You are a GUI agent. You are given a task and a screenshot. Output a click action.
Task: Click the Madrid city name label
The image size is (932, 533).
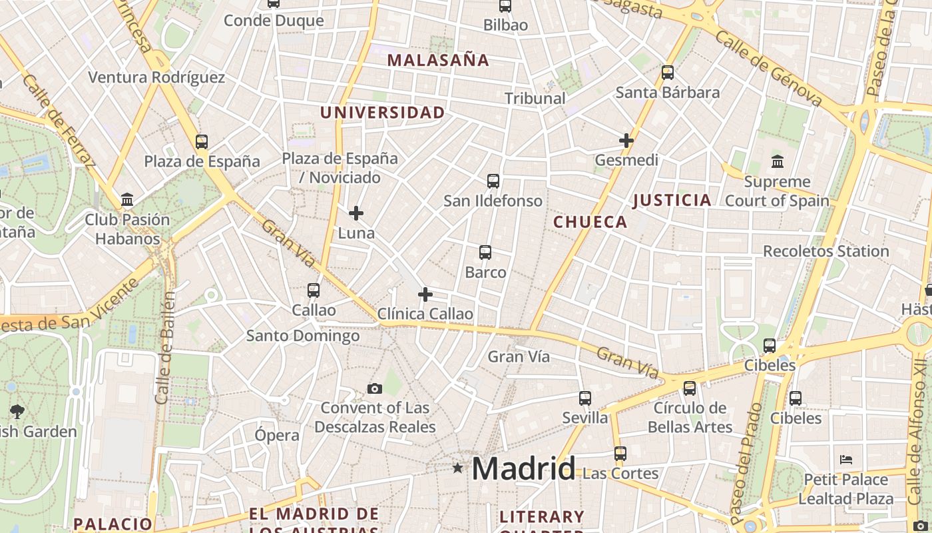pyautogui.click(x=523, y=469)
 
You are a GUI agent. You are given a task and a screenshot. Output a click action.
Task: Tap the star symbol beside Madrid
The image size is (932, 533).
pyautogui.click(x=457, y=468)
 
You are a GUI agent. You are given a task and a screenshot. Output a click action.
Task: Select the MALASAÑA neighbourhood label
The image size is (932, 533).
pyautogui.click(x=438, y=60)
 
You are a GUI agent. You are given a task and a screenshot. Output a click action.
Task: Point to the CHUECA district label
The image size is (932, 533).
pyautogui.click(x=590, y=222)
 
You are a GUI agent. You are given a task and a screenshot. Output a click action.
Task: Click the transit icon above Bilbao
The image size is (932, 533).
pyautogui.click(x=505, y=6)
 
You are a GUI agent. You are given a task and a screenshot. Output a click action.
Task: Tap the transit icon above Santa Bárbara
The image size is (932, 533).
pyautogui.click(x=668, y=73)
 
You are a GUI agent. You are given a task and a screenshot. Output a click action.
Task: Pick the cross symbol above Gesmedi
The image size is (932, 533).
pyautogui.click(x=626, y=141)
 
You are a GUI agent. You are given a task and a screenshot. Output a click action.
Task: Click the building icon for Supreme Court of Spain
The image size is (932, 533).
pyautogui.click(x=777, y=161)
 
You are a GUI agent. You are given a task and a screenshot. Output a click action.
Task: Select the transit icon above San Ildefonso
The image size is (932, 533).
pyautogui.click(x=493, y=181)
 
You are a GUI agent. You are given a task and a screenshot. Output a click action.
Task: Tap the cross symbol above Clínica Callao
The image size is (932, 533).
pyautogui.click(x=425, y=294)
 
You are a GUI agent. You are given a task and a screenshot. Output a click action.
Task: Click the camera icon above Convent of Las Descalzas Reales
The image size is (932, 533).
pyautogui.click(x=375, y=388)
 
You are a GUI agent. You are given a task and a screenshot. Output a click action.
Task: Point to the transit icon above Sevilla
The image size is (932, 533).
pyautogui.click(x=585, y=398)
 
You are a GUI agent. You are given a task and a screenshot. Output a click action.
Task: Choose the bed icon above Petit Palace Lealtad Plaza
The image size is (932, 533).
pyautogui.click(x=846, y=460)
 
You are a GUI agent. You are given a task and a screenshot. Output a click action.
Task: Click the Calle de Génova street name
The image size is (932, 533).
pyautogui.click(x=768, y=69)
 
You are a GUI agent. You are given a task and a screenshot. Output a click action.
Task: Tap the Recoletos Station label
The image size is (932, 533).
pyautogui.click(x=825, y=251)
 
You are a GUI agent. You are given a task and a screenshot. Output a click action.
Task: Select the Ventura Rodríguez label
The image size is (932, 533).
pyautogui.click(x=156, y=77)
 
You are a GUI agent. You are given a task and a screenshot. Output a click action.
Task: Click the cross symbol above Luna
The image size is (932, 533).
pyautogui.click(x=356, y=213)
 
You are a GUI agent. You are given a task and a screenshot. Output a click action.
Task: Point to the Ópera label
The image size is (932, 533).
pyautogui.click(x=277, y=435)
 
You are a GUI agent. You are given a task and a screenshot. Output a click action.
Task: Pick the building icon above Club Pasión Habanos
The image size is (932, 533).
pyautogui.click(x=127, y=200)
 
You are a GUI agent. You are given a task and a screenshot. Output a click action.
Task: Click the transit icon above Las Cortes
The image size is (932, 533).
pyautogui.click(x=620, y=454)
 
